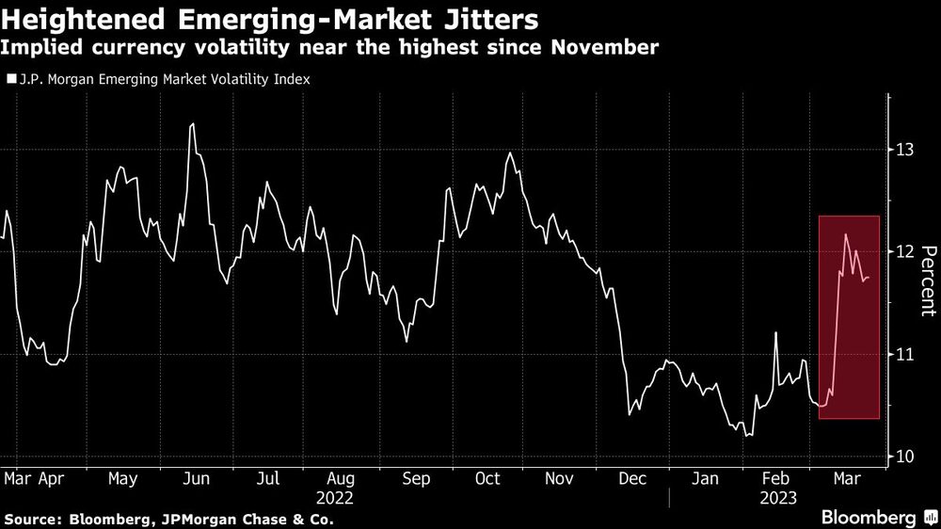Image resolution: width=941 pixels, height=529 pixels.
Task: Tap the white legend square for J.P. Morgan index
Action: [10, 80]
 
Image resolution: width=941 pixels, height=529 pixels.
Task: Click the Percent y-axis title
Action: [928, 279]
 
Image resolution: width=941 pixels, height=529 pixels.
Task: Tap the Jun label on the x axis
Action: [195, 478]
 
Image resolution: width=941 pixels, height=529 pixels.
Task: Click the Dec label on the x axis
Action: [633, 478]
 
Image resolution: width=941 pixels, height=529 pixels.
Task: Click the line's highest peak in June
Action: [193, 124]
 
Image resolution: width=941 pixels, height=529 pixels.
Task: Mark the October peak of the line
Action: [510, 152]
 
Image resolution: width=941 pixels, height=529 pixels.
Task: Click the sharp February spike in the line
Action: [775, 332]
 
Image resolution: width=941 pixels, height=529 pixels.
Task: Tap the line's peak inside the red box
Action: [846, 234]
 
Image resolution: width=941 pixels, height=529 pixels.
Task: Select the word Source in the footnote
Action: [28, 519]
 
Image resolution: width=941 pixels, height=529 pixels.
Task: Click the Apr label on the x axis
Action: [51, 478]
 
